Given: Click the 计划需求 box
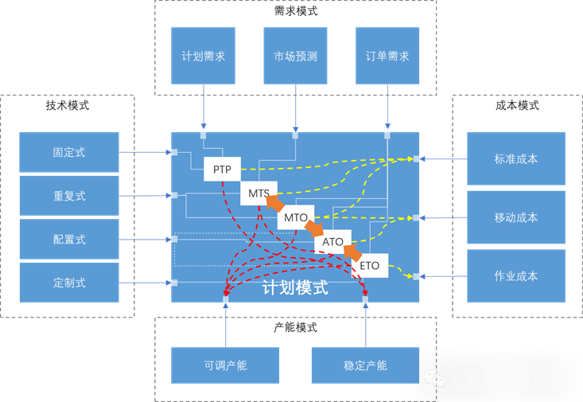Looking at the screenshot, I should tap(204, 56).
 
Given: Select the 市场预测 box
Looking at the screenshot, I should tap(295, 56).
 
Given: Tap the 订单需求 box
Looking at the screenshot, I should tap(387, 56).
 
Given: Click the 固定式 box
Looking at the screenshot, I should tap(69, 152).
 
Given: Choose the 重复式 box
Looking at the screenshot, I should tap(69, 196).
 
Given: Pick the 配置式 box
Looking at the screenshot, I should tap(69, 239).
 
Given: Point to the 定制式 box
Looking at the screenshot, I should tap(69, 283).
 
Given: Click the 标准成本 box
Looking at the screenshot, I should tap(515, 158).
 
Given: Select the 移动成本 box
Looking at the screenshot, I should tap(515, 217).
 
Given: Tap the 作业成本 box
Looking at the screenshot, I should tap(515, 275).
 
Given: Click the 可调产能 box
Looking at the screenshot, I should tap(225, 365).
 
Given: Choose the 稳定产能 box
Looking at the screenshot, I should tap(365, 365).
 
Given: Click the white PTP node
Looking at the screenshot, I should tap(222, 170).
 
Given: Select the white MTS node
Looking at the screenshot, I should tap(258, 193).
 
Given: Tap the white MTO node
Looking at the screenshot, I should tap(295, 217).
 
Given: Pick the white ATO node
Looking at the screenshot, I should tap(332, 241).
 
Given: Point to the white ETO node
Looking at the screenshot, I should tap(369, 265).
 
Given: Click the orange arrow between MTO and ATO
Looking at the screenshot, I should tap(314, 229).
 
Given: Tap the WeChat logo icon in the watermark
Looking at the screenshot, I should tap(434, 378).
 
